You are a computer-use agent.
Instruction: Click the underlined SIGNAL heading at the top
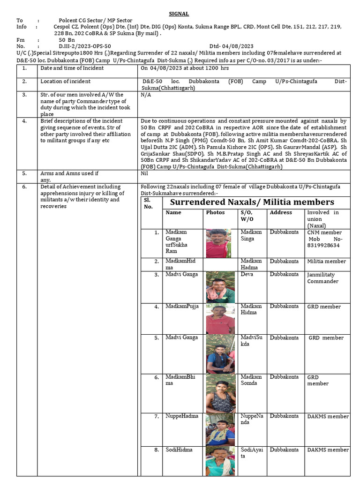(179, 14)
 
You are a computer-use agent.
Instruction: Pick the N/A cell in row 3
(146, 95)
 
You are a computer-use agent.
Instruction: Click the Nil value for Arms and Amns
(145, 173)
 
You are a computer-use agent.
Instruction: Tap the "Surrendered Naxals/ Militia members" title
(252, 202)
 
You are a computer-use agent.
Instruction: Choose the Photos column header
(215, 213)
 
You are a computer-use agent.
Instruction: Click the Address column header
(281, 213)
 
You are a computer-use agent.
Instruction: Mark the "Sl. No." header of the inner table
(149, 203)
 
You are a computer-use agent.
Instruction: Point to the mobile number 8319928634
(323, 245)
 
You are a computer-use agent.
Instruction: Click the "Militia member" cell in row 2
(327, 262)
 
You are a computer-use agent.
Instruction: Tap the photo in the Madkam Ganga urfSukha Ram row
(218, 243)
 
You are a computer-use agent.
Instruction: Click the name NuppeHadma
(182, 416)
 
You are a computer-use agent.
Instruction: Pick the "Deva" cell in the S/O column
(247, 275)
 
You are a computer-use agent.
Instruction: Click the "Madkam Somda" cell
(251, 380)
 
